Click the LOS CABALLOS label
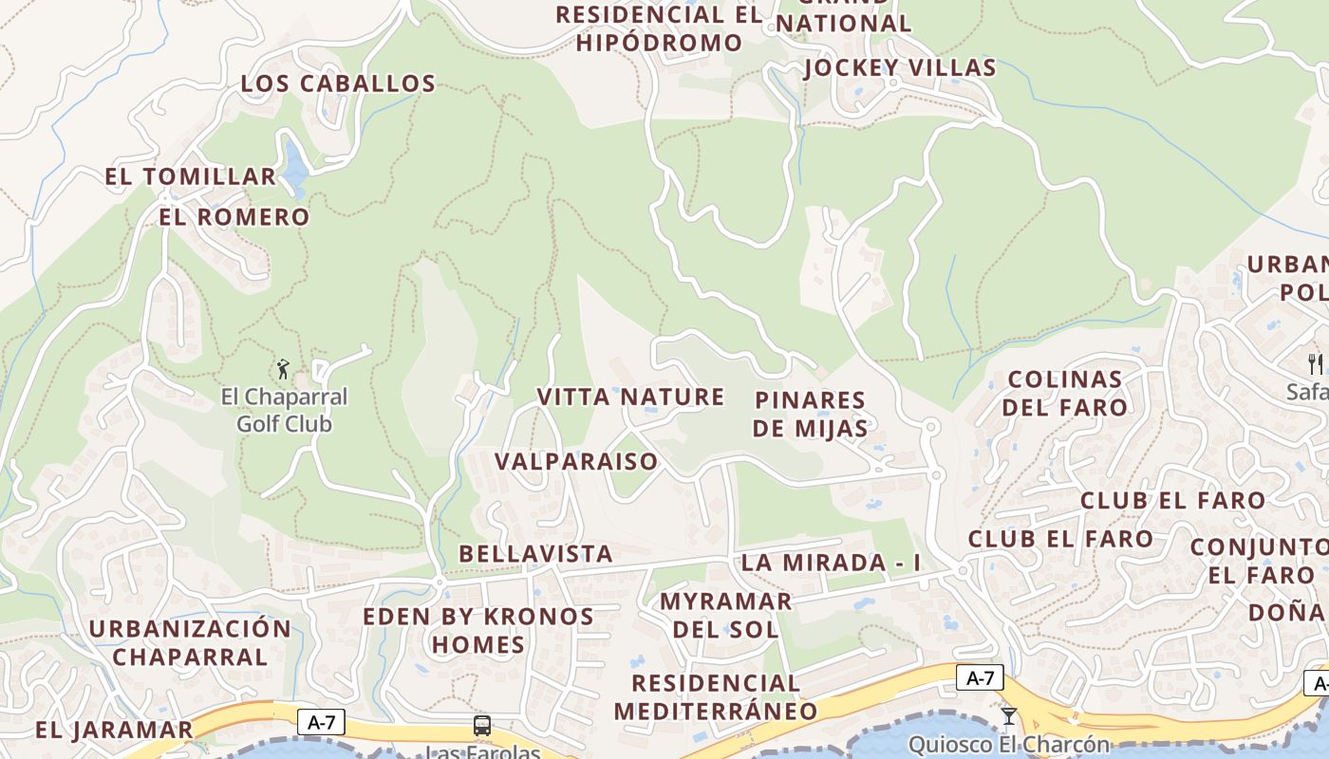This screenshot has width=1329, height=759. coord(338,83)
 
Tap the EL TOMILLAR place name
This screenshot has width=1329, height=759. coord(190,176)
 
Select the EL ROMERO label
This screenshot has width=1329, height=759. coord(234,217)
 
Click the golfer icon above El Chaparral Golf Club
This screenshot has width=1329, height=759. coord(283,369)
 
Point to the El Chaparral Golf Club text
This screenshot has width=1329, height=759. coord(284,410)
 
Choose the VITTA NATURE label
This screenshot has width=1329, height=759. coord(630,397)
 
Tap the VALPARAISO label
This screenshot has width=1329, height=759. coord(575,462)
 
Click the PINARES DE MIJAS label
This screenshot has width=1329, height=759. coord(810,414)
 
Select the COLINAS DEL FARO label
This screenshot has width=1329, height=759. coord(1066,394)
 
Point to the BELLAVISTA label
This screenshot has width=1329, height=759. coord(535,554)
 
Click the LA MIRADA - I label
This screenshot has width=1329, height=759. coord(831,563)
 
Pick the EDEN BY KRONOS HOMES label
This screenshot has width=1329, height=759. coord(478,631)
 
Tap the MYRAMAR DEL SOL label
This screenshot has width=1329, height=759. coord(725,615)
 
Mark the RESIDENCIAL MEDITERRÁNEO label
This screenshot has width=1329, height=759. coord(716,697)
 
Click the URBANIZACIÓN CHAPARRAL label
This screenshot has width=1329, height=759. coord(190,642)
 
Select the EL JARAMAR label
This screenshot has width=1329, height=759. coord(114,731)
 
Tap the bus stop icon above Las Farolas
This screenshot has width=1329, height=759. coord(482,727)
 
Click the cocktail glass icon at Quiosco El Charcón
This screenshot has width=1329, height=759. coord(1008,716)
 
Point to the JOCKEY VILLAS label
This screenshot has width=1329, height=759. coord(899,68)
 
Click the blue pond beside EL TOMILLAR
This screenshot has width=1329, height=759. coord(294,163)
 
